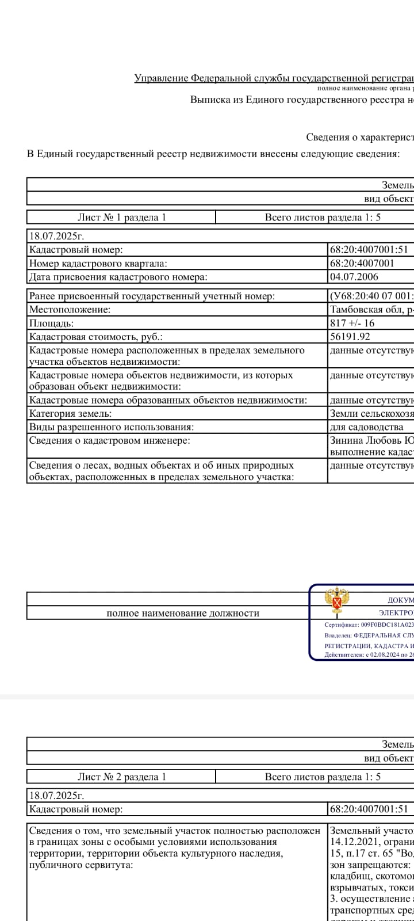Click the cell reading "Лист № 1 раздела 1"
(x=121, y=217)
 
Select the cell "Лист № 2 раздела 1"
(x=121, y=777)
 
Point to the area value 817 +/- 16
(x=352, y=323)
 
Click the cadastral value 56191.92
(x=350, y=337)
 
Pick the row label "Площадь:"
(x=52, y=323)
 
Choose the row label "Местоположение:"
(x=70, y=310)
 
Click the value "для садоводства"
(x=367, y=427)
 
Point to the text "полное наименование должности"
(x=183, y=613)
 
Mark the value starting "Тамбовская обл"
(x=371, y=310)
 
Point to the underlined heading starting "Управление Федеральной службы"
(x=274, y=78)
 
